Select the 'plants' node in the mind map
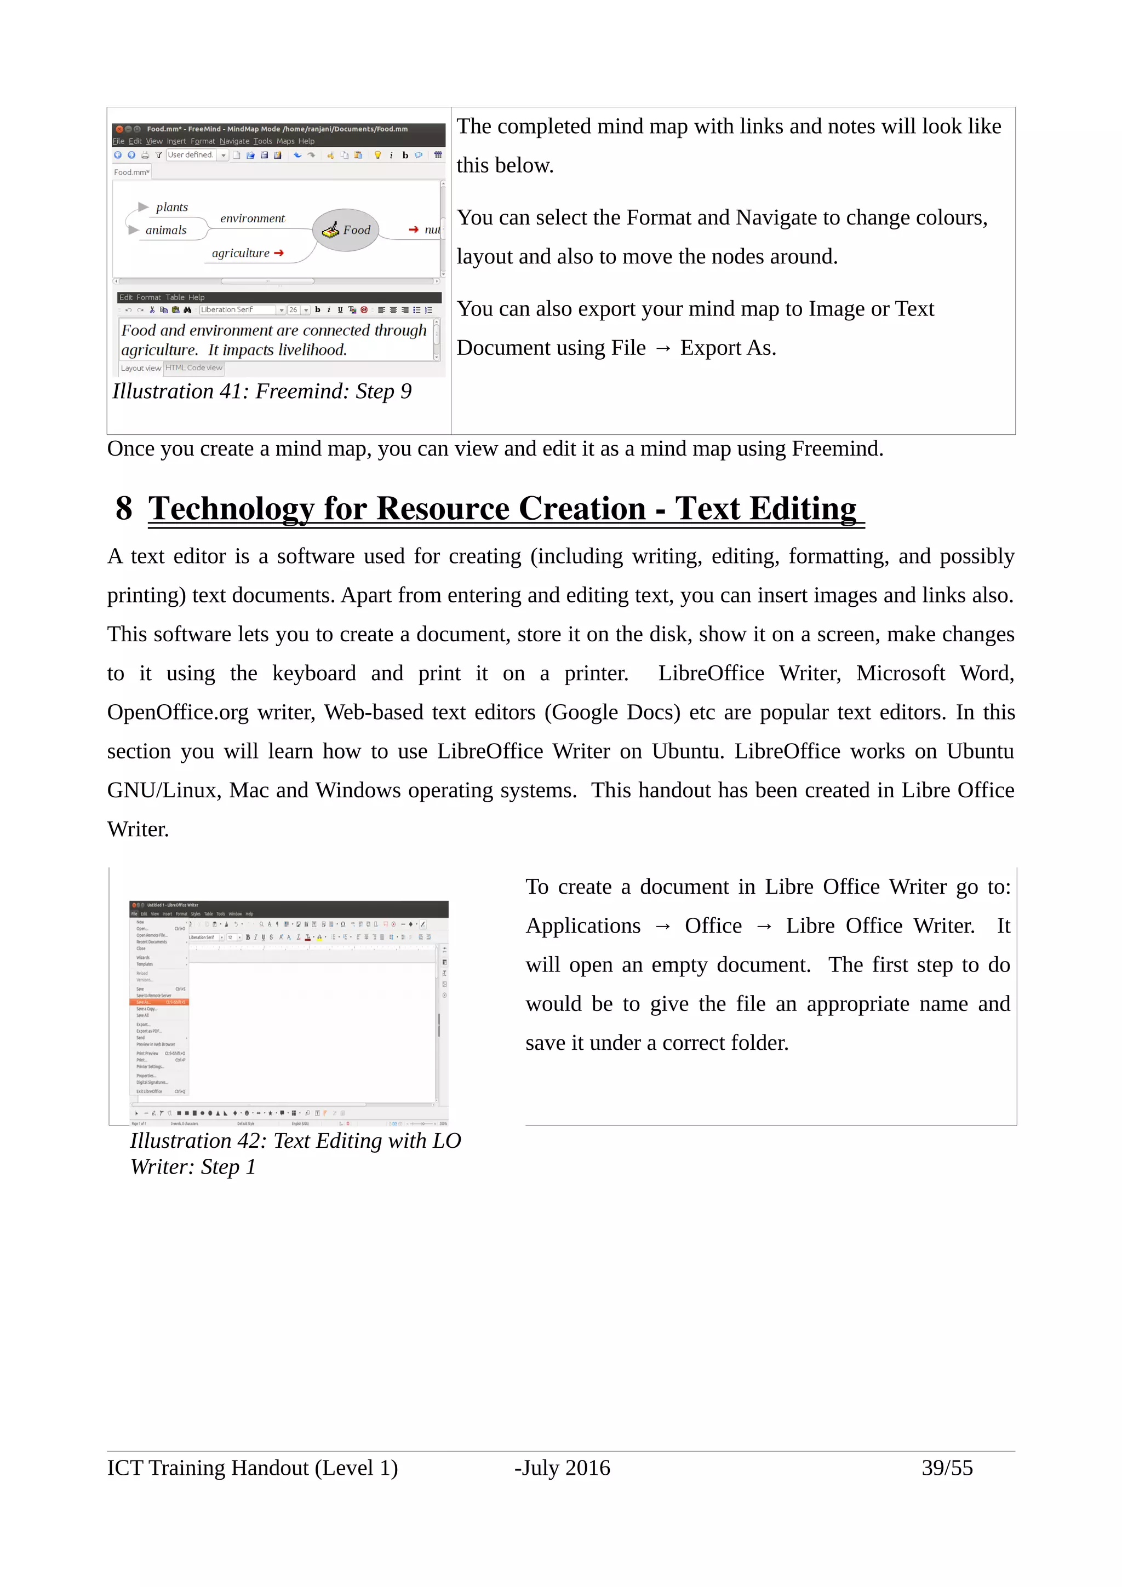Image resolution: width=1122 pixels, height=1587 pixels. pyautogui.click(x=171, y=208)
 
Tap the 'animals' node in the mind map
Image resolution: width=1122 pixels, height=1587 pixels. pyautogui.click(x=166, y=230)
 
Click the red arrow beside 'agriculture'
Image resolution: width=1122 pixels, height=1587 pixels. pyautogui.click(x=279, y=253)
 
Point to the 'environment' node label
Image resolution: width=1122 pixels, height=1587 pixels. pyautogui.click(x=253, y=219)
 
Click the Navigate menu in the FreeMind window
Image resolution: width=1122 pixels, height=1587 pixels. pyautogui.click(x=234, y=141)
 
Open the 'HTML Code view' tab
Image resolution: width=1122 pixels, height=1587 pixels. pyautogui.click(x=193, y=367)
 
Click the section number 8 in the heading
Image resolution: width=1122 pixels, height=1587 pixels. pyautogui.click(x=124, y=509)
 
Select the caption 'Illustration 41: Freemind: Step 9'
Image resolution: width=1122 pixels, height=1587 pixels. pyautogui.click(x=262, y=391)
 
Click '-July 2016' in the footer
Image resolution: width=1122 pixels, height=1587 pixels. pyautogui.click(x=562, y=1468)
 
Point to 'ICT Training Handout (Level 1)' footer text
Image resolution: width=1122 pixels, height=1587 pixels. pyautogui.click(x=253, y=1468)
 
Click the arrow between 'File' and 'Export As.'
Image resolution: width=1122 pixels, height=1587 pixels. pyautogui.click(x=662, y=348)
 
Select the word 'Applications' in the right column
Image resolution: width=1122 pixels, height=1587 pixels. pyautogui.click(x=583, y=925)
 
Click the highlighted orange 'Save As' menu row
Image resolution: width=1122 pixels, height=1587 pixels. pyautogui.click(x=158, y=1002)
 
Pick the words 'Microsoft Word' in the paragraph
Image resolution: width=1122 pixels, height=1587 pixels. pyautogui.click(x=934, y=673)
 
